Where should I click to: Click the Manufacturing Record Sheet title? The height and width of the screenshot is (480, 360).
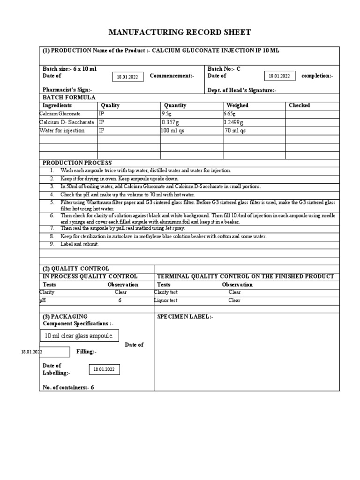(180, 32)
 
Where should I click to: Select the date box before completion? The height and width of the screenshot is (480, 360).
(280, 75)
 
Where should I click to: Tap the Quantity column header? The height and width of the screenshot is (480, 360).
(175, 105)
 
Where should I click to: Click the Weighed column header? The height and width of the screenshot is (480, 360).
(238, 105)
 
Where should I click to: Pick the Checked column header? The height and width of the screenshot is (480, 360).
(299, 105)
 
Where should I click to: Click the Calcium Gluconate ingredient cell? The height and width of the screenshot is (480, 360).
(60, 114)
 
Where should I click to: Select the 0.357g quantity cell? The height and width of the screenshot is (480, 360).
(171, 122)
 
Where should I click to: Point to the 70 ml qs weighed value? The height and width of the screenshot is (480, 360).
(235, 131)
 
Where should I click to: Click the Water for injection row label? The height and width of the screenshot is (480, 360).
(62, 131)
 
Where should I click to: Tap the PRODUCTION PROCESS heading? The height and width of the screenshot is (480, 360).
(77, 163)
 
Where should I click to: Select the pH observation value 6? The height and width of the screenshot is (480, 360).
(120, 300)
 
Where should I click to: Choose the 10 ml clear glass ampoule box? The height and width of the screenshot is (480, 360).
(79, 336)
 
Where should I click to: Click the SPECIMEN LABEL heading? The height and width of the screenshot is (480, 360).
(185, 317)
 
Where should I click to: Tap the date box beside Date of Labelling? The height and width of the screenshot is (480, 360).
(105, 370)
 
